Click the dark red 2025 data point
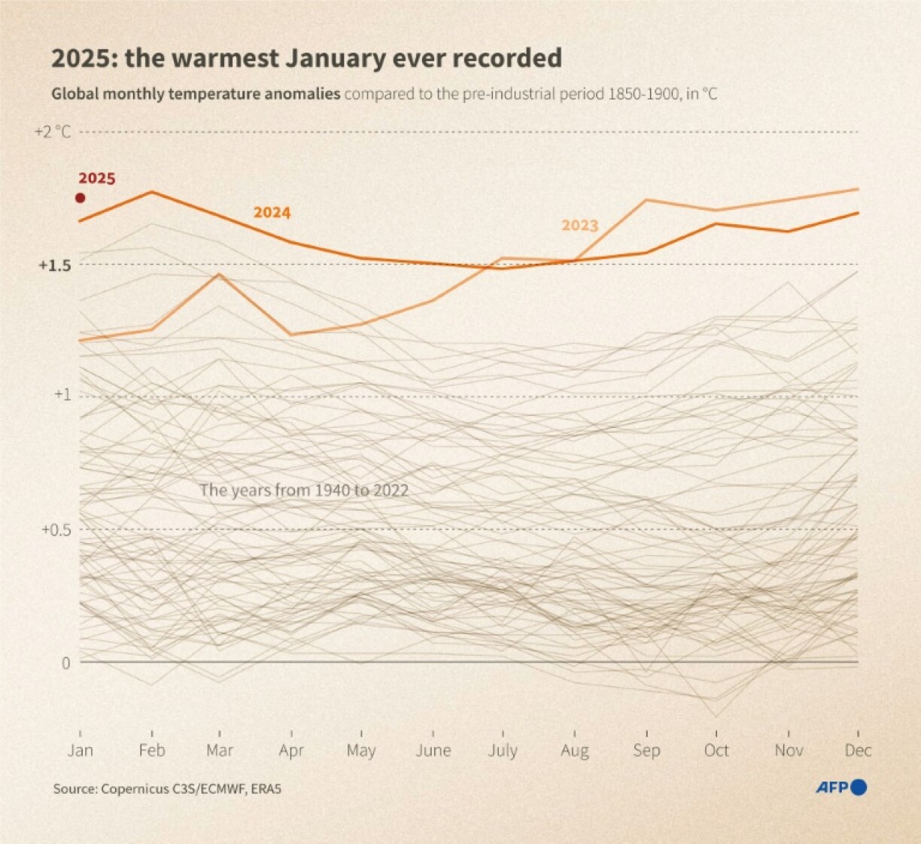click(x=80, y=198)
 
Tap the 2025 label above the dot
click(x=97, y=179)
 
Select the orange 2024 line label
click(x=272, y=213)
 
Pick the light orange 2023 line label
click(x=579, y=226)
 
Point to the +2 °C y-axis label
click(x=53, y=132)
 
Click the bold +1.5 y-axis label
click(x=54, y=266)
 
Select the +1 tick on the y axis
click(x=62, y=394)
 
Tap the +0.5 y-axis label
click(x=56, y=530)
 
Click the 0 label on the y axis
click(x=65, y=663)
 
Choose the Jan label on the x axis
click(x=80, y=751)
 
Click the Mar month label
click(x=220, y=751)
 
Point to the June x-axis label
click(x=433, y=751)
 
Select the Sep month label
click(x=646, y=751)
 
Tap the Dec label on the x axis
click(x=858, y=751)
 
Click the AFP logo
click(x=841, y=788)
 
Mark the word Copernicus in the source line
click(x=129, y=789)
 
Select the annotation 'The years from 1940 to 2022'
click(x=304, y=490)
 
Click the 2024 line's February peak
click(x=153, y=192)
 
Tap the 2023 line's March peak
click(x=219, y=275)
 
